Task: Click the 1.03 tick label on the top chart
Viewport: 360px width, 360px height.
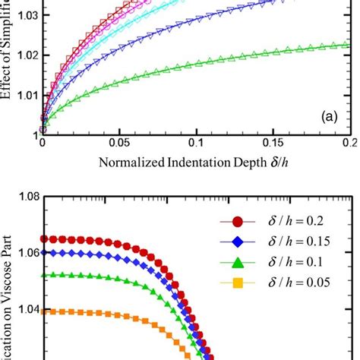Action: (24, 14)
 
